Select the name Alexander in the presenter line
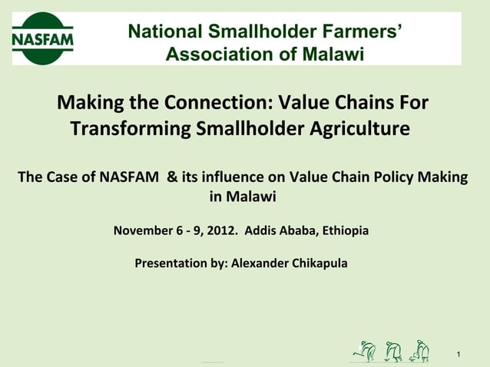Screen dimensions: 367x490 tap(260, 263)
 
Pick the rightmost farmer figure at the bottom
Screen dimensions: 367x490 tap(419, 351)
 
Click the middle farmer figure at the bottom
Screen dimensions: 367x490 tap(393, 351)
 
